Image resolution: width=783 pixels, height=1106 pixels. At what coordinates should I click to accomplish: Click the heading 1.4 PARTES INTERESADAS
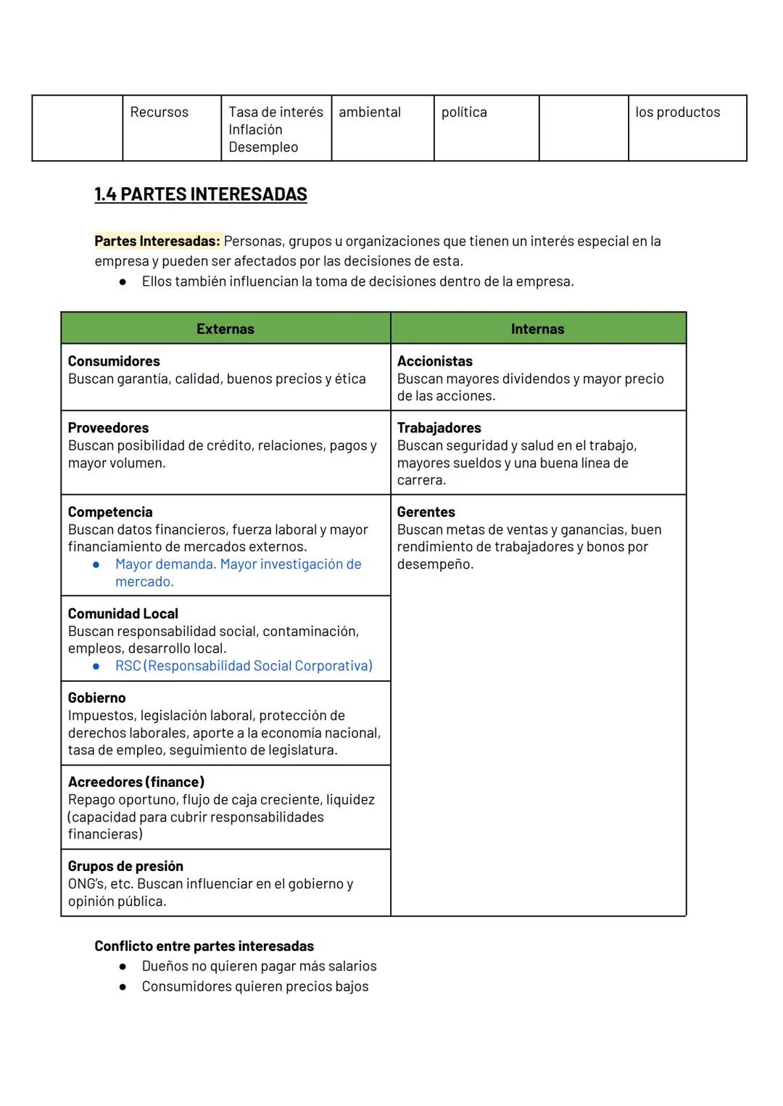pos(201,194)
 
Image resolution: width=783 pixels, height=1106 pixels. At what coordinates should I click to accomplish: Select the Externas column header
pos(225,329)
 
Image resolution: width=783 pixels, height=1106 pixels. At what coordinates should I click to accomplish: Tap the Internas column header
pos(537,329)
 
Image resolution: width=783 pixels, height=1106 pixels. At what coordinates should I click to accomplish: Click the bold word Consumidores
pos(114,361)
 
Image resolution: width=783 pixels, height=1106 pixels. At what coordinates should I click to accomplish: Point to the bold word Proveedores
pos(108,428)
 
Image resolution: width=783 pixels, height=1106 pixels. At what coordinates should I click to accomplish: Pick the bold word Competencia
pos(110,512)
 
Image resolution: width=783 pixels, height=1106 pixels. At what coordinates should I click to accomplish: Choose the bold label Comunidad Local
pos(123,614)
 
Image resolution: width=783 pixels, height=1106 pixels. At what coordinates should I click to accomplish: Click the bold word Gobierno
pos(96,698)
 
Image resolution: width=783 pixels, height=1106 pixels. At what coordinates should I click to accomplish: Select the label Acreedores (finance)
pos(136,782)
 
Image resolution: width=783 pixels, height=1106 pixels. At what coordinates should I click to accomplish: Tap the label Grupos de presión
pos(125,866)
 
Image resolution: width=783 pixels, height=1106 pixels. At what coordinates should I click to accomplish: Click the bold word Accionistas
pos(434,361)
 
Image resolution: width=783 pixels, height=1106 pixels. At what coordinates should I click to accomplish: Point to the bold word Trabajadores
pos(439,428)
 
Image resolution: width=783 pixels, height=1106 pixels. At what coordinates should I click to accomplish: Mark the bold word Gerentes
pos(426,512)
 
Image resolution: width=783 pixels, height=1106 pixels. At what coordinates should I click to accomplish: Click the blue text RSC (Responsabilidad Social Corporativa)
pos(244,666)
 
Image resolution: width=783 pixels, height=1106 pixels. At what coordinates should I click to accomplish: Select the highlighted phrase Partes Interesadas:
pos(157,241)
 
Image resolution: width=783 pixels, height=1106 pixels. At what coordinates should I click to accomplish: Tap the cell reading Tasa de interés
pos(275,112)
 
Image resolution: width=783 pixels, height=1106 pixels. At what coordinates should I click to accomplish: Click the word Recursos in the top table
pos(159,112)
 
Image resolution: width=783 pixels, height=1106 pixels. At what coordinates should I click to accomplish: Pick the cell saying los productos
pos(677,112)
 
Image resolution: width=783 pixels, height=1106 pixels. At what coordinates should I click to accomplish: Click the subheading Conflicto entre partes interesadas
pos(204,946)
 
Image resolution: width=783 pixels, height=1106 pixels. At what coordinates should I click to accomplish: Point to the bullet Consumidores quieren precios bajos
pos(255,986)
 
